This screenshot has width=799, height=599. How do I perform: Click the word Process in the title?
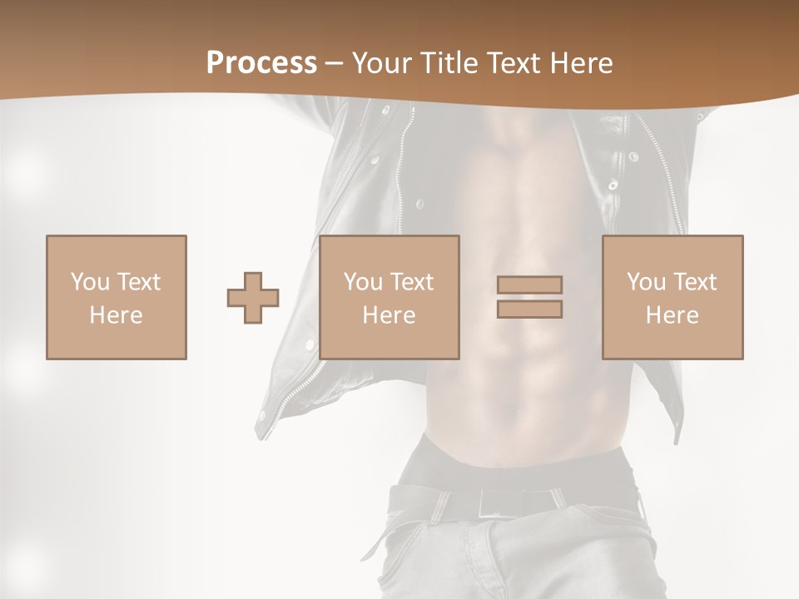tap(261, 63)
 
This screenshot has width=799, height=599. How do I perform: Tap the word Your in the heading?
tap(381, 63)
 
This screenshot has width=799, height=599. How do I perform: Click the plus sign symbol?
tap(253, 298)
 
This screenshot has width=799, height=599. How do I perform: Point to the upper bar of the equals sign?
tap(529, 285)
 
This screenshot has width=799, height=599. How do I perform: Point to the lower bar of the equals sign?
tap(529, 309)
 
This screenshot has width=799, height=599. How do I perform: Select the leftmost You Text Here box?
tap(117, 297)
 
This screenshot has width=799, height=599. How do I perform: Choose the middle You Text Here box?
tap(390, 297)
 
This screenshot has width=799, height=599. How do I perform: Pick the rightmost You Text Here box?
tap(672, 297)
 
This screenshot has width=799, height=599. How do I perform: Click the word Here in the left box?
tap(117, 315)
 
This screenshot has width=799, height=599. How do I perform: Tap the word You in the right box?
tap(646, 282)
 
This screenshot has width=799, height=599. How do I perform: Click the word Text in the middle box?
tap(411, 282)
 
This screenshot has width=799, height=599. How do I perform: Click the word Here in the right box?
tap(672, 315)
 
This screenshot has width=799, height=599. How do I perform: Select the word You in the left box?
tap(89, 282)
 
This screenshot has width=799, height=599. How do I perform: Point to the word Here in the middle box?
tap(390, 315)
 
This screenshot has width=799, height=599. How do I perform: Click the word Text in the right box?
tap(694, 282)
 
